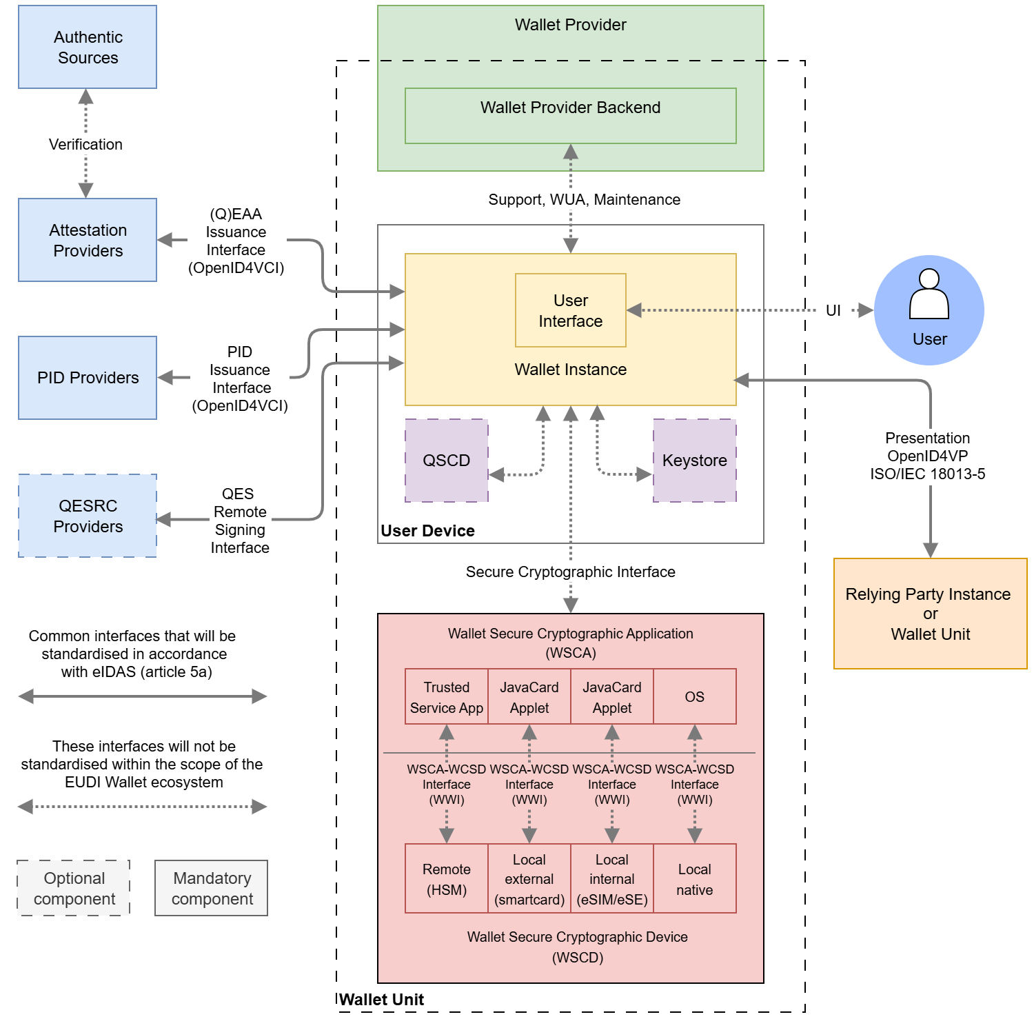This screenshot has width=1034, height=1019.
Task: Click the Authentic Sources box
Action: [x=88, y=47]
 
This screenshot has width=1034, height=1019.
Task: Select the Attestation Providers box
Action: [x=88, y=240]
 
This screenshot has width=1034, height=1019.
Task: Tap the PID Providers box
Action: [x=88, y=378]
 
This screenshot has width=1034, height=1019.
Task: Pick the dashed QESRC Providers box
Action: [x=88, y=516]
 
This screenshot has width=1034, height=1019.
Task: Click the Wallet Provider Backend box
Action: [x=570, y=116]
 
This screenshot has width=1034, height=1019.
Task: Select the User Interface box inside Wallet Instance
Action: [x=570, y=310]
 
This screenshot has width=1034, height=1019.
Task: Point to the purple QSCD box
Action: [x=446, y=461]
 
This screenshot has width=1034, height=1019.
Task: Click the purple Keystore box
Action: [x=694, y=461]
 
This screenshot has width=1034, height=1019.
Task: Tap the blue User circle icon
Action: [x=929, y=310]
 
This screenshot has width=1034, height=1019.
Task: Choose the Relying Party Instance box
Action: [x=930, y=614]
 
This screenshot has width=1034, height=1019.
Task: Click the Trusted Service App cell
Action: [x=446, y=697]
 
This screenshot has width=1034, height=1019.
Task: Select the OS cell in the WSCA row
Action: [x=694, y=697]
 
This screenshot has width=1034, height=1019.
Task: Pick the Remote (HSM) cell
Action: [x=446, y=879]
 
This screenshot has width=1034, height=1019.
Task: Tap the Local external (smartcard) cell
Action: [x=529, y=879]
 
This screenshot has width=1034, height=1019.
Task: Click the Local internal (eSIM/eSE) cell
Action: [x=611, y=879]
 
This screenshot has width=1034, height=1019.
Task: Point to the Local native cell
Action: [x=694, y=879]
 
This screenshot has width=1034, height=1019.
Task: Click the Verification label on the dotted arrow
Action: [x=85, y=145]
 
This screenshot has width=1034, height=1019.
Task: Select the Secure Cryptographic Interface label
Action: [x=570, y=572]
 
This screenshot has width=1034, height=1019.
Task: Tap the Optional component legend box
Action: [x=74, y=888]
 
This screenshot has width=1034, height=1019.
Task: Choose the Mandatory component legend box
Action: [x=212, y=888]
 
